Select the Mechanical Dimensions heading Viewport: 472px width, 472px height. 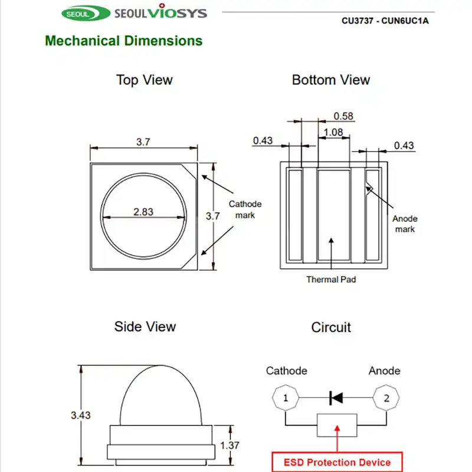click(x=123, y=41)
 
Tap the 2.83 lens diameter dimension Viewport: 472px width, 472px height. click(x=143, y=212)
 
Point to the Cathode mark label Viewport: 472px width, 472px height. click(x=245, y=209)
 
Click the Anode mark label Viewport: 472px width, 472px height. click(x=405, y=224)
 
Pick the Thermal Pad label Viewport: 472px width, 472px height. click(x=330, y=279)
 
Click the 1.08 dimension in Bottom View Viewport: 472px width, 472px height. click(x=333, y=132)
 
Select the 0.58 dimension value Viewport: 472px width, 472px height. click(x=343, y=116)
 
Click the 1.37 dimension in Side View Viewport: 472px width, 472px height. click(x=230, y=445)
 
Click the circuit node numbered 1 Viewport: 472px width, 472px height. click(x=286, y=398)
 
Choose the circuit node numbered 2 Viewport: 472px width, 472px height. click(x=386, y=398)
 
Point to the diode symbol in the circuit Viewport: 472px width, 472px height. click(x=336, y=398)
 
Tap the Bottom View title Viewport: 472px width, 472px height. click(x=330, y=80)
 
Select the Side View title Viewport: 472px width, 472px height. click(x=145, y=326)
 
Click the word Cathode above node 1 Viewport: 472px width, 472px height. click(x=286, y=371)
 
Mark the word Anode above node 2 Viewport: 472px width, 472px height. click(x=384, y=371)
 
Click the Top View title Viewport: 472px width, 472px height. click(x=145, y=80)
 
